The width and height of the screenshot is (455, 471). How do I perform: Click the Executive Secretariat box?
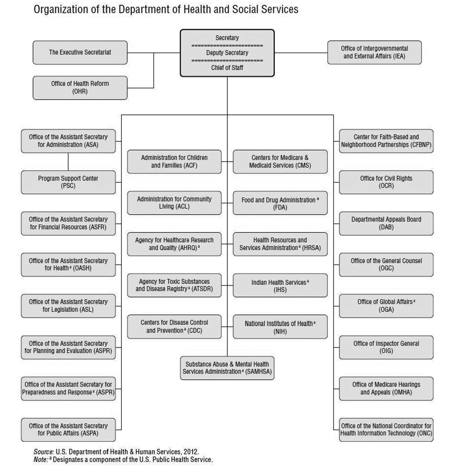click(x=80, y=53)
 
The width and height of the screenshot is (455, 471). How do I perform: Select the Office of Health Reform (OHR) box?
click(x=80, y=88)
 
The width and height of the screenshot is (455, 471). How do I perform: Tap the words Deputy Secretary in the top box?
click(x=227, y=53)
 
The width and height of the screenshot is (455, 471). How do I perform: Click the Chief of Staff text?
click(x=227, y=68)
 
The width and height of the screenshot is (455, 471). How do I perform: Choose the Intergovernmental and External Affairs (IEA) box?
click(x=374, y=53)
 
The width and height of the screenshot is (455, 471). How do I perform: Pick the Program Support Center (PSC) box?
click(x=68, y=182)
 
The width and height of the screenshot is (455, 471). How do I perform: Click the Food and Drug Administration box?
click(x=280, y=203)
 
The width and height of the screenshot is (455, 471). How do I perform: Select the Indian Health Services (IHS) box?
click(x=280, y=286)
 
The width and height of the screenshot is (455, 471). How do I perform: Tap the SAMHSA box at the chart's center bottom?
click(x=227, y=368)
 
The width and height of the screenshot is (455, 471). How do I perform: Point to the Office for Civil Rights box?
click(x=386, y=182)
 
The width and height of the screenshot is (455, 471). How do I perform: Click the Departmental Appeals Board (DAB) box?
click(x=386, y=223)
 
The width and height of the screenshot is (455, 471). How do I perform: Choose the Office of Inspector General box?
click(x=386, y=347)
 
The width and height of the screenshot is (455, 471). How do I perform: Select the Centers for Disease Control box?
click(x=174, y=327)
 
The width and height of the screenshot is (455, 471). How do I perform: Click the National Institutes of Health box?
click(x=280, y=327)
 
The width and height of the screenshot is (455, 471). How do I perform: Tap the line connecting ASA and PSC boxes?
click(x=68, y=162)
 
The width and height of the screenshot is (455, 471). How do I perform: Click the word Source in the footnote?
click(x=44, y=452)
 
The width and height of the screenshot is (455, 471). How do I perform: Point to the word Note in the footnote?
click(x=40, y=460)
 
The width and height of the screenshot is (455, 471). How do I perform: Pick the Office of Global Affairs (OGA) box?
click(x=386, y=306)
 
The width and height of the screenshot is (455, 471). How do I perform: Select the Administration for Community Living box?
click(x=174, y=203)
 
